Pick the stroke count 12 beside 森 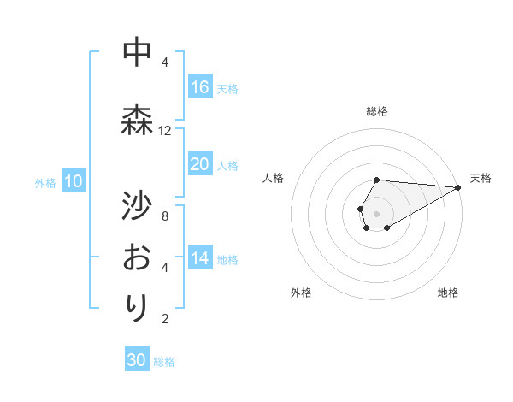point(165,131)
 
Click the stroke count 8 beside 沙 point(165,216)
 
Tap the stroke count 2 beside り point(165,319)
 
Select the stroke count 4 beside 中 point(165,62)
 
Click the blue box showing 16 point(200,87)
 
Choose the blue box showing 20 point(200,164)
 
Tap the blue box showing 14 point(200,258)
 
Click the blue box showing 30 point(137,360)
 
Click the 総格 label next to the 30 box point(164,362)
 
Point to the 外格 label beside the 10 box point(45,182)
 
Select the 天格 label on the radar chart point(481,178)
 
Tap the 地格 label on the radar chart point(448,293)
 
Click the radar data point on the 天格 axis point(458,187)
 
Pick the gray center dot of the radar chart point(376,213)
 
